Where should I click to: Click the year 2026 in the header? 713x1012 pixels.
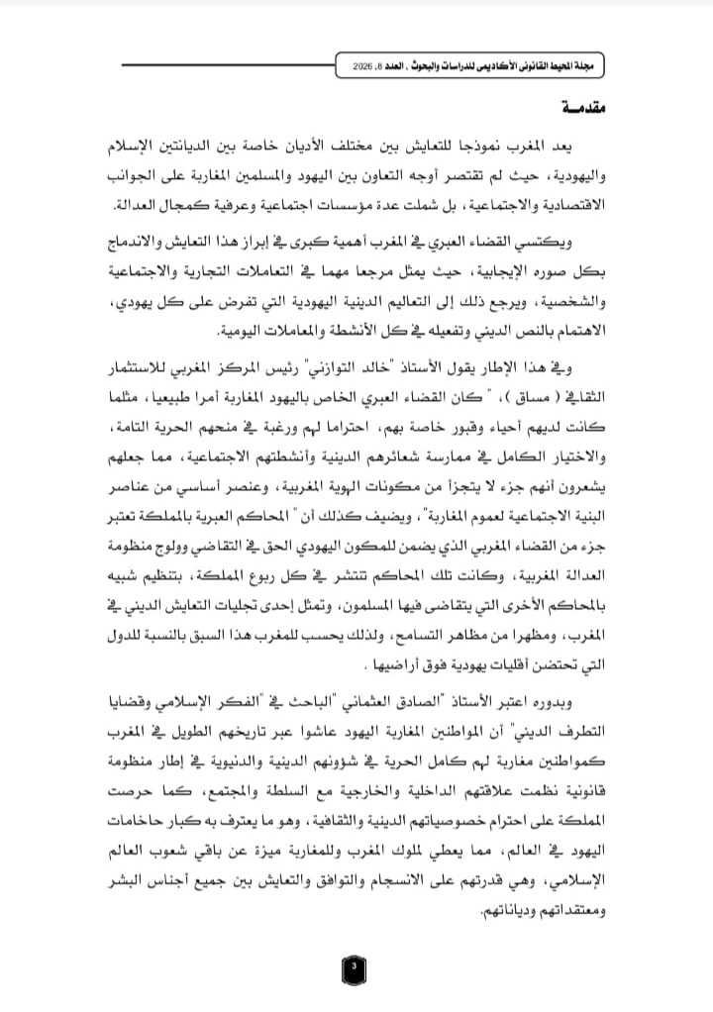tap(367, 63)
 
